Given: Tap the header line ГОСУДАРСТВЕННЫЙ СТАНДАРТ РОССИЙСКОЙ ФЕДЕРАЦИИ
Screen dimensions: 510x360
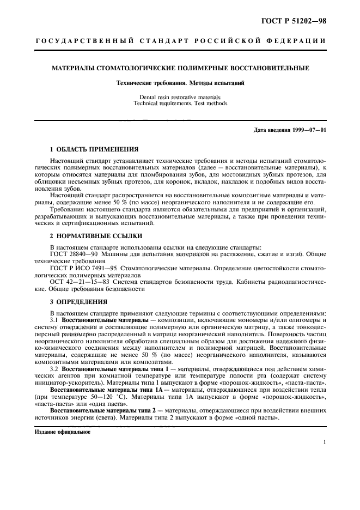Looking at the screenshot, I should coord(180,41).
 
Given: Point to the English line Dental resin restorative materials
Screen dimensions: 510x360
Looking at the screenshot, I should coord(180,96).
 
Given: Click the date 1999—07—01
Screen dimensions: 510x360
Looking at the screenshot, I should coord(307,131).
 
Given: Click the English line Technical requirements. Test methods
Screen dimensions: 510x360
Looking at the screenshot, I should coord(180,102).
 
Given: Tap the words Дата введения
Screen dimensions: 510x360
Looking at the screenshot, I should coord(269,131).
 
